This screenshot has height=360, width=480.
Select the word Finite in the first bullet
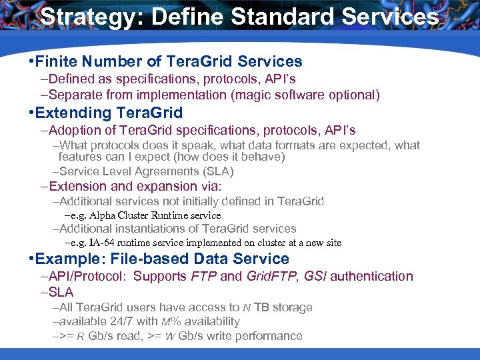[58, 62]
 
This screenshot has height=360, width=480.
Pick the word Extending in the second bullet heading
[73, 113]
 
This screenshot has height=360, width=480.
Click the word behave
[261, 157]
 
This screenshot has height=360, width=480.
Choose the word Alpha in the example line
[106, 215]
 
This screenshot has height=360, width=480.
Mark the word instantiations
[149, 229]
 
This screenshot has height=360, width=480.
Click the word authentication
[373, 276]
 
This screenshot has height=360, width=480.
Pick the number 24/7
[117, 321]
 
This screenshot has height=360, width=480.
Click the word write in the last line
[207, 335]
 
